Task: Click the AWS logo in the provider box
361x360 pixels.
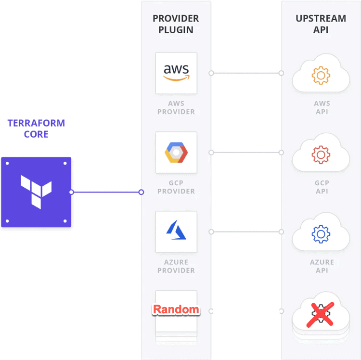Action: [176, 73]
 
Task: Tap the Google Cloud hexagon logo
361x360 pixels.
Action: [176, 153]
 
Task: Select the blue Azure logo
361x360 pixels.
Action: [176, 230]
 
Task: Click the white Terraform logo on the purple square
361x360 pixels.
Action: [36, 192]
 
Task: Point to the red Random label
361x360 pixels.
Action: [176, 309]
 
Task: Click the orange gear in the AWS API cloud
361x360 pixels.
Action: [321, 75]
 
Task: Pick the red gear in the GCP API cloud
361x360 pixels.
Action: [321, 154]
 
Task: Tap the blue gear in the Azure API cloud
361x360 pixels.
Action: [321, 234]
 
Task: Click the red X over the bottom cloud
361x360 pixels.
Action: [320, 315]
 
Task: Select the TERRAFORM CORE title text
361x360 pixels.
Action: [36, 129]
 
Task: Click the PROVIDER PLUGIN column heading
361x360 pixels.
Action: [176, 24]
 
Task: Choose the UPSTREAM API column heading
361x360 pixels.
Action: [321, 24]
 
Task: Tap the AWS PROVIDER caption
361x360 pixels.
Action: [176, 107]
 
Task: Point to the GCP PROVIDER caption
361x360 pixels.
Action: [176, 187]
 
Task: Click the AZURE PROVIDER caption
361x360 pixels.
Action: [176, 266]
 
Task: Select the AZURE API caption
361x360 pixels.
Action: [322, 266]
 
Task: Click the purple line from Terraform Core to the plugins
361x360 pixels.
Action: [106, 192]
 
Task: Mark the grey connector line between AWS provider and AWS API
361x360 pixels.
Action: [246, 73]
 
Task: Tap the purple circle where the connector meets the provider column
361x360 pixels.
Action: [142, 192]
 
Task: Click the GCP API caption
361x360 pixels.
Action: [322, 187]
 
